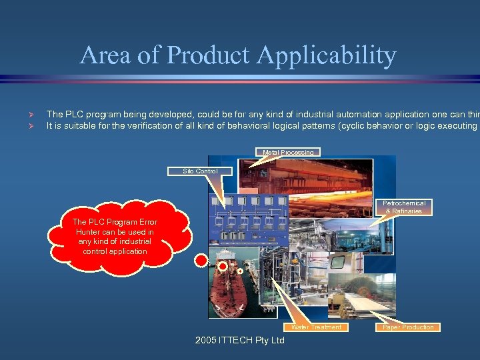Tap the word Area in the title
[105, 55]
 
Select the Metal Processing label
[287, 153]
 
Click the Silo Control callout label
[200, 171]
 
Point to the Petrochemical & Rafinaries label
[403, 207]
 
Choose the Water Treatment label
[316, 327]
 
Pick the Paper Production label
[408, 327]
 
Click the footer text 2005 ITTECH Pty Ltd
[239, 341]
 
